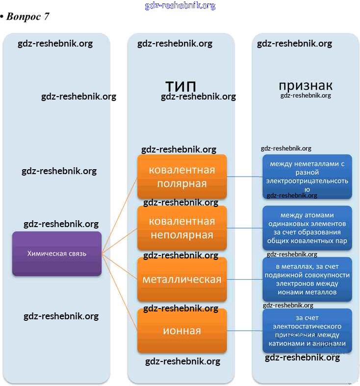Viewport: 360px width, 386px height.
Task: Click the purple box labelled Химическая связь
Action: [x=57, y=254]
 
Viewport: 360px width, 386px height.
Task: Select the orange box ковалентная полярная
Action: [x=182, y=177]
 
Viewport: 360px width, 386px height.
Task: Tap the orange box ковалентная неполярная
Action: [x=182, y=228]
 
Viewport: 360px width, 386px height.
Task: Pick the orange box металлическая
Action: [x=182, y=280]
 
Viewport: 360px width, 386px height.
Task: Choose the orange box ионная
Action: [x=182, y=331]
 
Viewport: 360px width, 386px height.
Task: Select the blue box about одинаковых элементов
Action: [x=307, y=228]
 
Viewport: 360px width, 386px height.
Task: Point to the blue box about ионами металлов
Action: [x=307, y=280]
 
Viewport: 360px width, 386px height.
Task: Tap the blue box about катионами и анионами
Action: [x=307, y=331]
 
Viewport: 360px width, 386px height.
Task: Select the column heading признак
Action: [x=306, y=85]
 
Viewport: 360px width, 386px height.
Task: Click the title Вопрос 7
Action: [x=27, y=16]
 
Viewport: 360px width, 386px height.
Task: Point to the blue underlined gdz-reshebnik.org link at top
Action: [x=180, y=6]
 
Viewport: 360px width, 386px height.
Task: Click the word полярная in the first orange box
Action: [x=182, y=184]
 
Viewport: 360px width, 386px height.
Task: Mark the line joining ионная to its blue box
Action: [x=244, y=331]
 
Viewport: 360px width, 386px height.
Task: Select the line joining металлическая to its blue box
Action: [x=244, y=280]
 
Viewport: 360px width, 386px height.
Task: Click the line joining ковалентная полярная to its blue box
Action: [x=244, y=176]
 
